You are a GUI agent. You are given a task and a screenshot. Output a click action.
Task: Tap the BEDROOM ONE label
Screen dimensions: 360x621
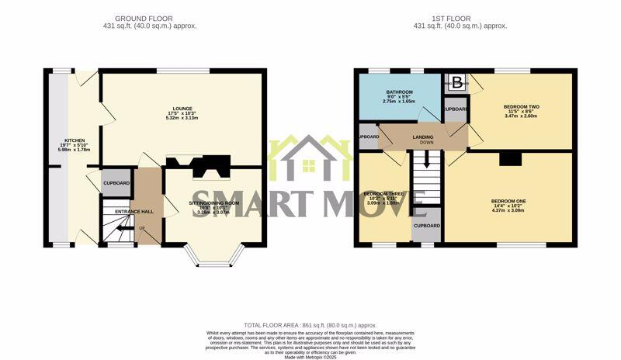508,202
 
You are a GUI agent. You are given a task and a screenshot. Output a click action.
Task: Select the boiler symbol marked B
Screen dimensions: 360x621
456,82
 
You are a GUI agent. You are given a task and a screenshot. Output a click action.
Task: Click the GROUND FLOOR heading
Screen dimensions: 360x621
144,18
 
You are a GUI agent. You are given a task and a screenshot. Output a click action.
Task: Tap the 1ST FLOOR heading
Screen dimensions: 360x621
460,18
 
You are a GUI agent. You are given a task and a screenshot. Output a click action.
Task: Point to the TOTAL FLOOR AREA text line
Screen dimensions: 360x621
310,326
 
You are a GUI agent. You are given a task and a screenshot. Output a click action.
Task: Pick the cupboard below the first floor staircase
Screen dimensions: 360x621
426,226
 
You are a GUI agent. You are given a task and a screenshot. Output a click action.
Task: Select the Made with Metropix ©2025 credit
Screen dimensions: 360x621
310,356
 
